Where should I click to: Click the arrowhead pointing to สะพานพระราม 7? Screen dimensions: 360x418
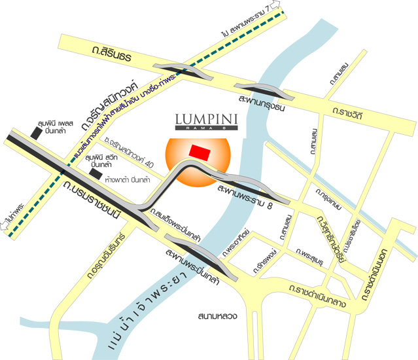click(x=279, y=7)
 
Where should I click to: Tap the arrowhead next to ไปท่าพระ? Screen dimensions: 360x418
click(x=7, y=229)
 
